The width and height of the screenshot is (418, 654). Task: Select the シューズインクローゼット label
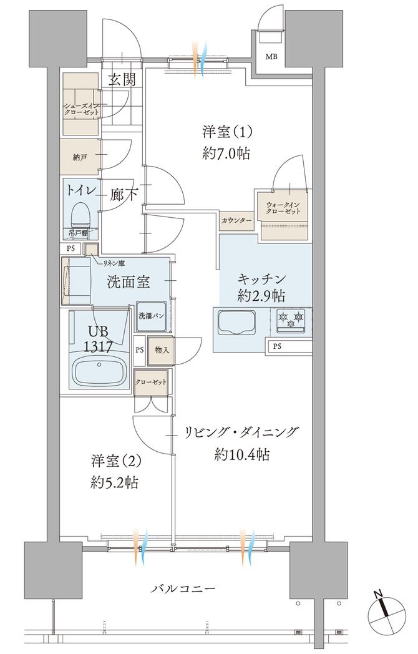tap(80, 110)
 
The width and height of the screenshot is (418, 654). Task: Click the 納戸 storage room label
tap(80, 157)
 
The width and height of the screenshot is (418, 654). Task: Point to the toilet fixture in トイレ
tap(80, 215)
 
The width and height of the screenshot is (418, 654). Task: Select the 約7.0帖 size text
tap(226, 153)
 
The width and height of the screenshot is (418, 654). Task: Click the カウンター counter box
tap(236, 221)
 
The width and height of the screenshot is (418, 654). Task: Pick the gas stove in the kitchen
tap(291, 320)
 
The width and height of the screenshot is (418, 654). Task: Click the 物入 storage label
tap(161, 350)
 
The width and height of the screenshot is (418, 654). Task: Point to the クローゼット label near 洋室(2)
tap(150, 382)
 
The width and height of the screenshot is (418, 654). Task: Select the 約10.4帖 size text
tap(242, 454)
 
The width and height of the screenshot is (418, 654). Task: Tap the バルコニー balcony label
tap(183, 588)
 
